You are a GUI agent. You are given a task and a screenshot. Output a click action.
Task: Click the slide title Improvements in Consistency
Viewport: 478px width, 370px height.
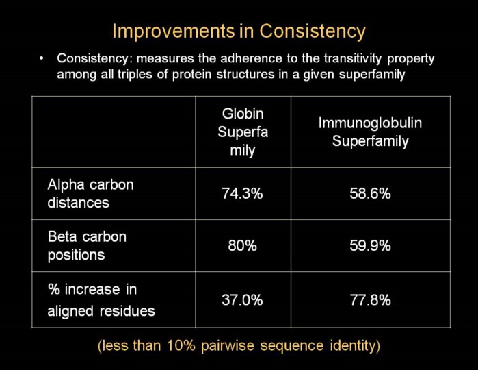(239, 32)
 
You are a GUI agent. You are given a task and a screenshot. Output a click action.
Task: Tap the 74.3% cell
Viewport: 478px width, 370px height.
(242, 194)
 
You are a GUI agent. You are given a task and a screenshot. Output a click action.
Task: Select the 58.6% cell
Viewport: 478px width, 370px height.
(370, 194)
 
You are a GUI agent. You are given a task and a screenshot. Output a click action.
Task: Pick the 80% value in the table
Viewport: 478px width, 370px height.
(242, 245)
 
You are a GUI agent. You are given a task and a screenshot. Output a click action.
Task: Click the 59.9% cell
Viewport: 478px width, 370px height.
(370, 245)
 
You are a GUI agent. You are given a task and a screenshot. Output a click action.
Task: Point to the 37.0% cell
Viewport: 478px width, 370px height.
(242, 299)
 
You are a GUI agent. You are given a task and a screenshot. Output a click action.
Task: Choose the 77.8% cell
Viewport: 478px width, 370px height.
(370, 299)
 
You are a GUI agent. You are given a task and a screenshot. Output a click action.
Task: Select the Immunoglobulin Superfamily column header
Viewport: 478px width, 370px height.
(370, 132)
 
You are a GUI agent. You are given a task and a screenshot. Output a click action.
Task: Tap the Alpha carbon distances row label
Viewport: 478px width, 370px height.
(90, 193)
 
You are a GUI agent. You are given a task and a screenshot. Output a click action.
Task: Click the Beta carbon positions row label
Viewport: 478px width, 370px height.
(87, 245)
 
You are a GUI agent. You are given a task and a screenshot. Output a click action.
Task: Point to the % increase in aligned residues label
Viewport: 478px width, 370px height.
(101, 299)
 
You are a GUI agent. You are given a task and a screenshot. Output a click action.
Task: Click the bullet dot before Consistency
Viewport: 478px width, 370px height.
(42, 58)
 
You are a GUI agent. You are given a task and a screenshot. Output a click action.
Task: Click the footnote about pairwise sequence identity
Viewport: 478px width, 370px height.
(239, 345)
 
